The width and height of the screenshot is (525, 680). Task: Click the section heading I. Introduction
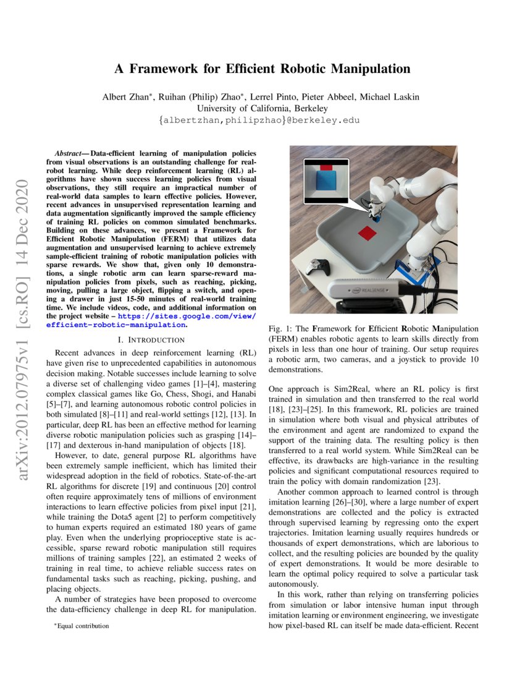pos(151,339)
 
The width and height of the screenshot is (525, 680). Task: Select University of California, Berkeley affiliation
pos(262,108)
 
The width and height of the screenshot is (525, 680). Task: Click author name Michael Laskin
pos(395,96)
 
